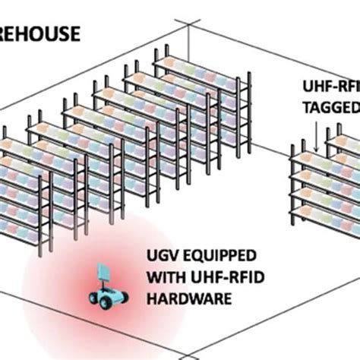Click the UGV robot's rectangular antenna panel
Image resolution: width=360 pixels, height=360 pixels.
[103, 273]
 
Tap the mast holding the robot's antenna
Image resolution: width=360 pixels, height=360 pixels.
[105, 284]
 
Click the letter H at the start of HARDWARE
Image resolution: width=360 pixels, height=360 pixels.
[155, 300]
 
